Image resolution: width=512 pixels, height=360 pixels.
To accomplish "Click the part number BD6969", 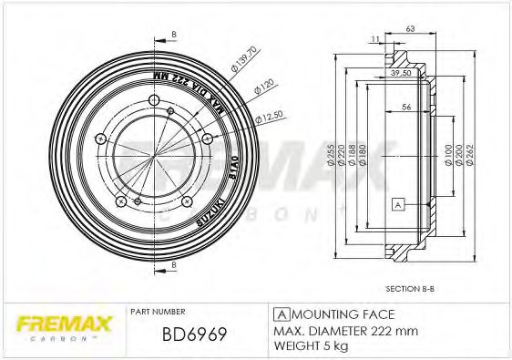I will pos(193,335).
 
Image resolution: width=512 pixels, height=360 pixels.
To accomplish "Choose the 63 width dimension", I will pos(412,29).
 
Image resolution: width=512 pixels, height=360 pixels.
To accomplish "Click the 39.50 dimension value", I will pos(401,71).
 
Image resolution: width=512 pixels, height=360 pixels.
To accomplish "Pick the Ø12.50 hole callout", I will pos(269,117).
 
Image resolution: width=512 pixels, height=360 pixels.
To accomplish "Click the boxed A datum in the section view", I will pos(398,205).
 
